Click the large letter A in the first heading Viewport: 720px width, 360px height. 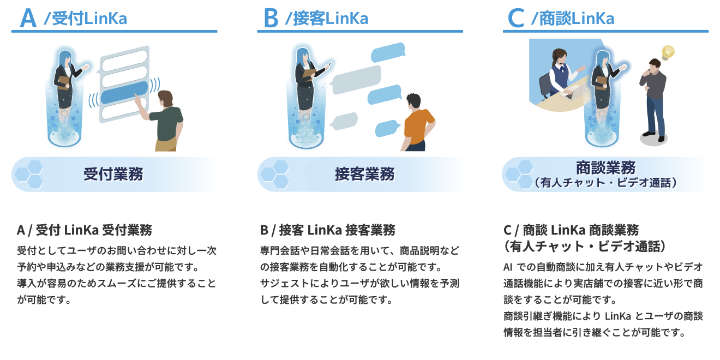[28, 18]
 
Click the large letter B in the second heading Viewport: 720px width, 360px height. [271, 19]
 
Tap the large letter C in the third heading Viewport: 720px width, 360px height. [516, 19]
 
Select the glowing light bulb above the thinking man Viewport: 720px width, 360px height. [668, 53]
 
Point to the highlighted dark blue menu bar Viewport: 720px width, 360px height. [124, 92]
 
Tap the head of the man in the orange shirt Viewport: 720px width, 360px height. [413, 102]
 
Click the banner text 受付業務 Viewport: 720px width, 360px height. [113, 174]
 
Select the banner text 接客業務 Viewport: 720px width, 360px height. [365, 174]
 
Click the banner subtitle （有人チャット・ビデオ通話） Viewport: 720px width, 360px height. [605, 183]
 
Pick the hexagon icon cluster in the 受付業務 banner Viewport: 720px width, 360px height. [29, 174]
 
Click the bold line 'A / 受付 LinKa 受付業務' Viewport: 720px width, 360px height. [85, 230]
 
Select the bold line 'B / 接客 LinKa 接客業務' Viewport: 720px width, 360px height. [328, 230]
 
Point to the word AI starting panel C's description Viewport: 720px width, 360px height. [508, 267]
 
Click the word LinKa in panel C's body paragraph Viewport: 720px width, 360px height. [618, 316]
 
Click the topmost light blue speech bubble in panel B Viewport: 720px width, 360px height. [388, 52]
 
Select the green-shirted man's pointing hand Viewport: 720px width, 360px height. [137, 100]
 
